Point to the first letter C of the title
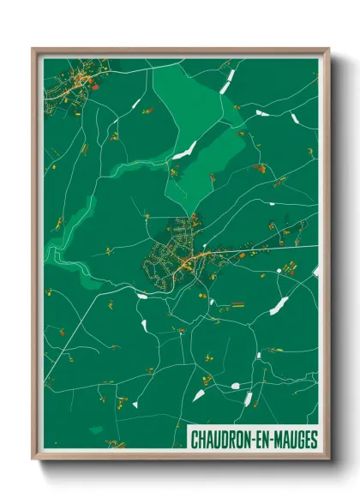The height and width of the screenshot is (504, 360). (x=193, y=439)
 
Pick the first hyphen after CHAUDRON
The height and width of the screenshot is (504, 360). (x=249, y=439)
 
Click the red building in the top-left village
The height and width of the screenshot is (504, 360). (x=95, y=86)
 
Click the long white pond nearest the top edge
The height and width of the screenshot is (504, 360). (x=228, y=82)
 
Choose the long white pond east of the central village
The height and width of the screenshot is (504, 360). (x=279, y=305)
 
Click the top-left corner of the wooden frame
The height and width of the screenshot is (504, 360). (x=33, y=49)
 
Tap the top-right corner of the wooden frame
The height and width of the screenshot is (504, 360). (x=327, y=49)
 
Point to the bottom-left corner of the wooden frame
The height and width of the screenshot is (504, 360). (x=33, y=459)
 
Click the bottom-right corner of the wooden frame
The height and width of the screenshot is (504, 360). (x=327, y=459)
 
